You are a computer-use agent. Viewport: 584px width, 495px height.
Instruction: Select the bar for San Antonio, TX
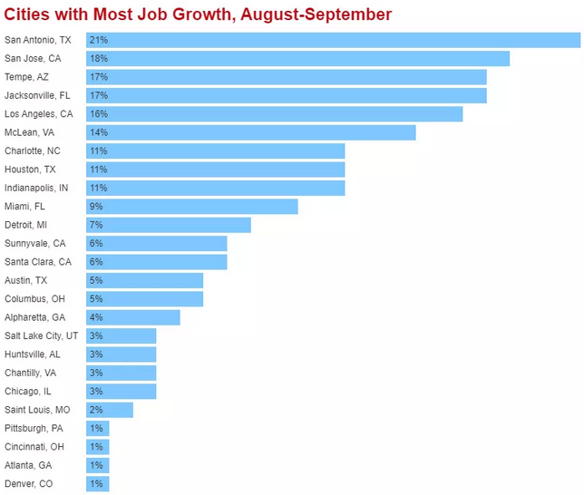pos(333,40)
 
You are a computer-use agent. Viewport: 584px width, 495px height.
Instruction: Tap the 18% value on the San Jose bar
pos(97,59)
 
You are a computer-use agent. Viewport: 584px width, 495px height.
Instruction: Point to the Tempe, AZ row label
pos(26,77)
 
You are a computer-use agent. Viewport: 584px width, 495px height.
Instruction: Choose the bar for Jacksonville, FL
pos(286,95)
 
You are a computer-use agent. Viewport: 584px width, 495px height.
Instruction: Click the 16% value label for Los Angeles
pos(97,114)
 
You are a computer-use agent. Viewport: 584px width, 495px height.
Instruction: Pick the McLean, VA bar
pos(250,132)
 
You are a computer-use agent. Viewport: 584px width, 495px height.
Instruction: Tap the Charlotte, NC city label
pos(33,151)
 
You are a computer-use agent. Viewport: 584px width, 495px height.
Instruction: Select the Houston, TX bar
pos(215,170)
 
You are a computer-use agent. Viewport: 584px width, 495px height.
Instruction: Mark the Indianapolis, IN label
pos(36,188)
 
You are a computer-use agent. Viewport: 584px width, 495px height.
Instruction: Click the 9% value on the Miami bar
pos(95,207)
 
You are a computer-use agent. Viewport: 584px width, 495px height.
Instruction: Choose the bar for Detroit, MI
pos(168,225)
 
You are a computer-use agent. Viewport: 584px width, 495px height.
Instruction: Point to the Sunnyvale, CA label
pos(34,244)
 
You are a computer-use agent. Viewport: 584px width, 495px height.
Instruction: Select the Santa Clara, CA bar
pos(156,262)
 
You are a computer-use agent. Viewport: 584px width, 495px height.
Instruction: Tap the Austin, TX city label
pos(25,280)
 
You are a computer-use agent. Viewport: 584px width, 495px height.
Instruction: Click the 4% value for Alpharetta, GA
pos(95,317)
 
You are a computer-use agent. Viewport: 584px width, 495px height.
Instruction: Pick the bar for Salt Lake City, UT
pos(121,335)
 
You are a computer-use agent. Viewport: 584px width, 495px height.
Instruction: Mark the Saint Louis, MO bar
pos(109,410)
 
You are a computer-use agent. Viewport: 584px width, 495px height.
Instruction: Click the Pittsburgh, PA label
pos(34,428)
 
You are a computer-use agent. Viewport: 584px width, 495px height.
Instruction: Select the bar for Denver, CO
pos(97,484)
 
